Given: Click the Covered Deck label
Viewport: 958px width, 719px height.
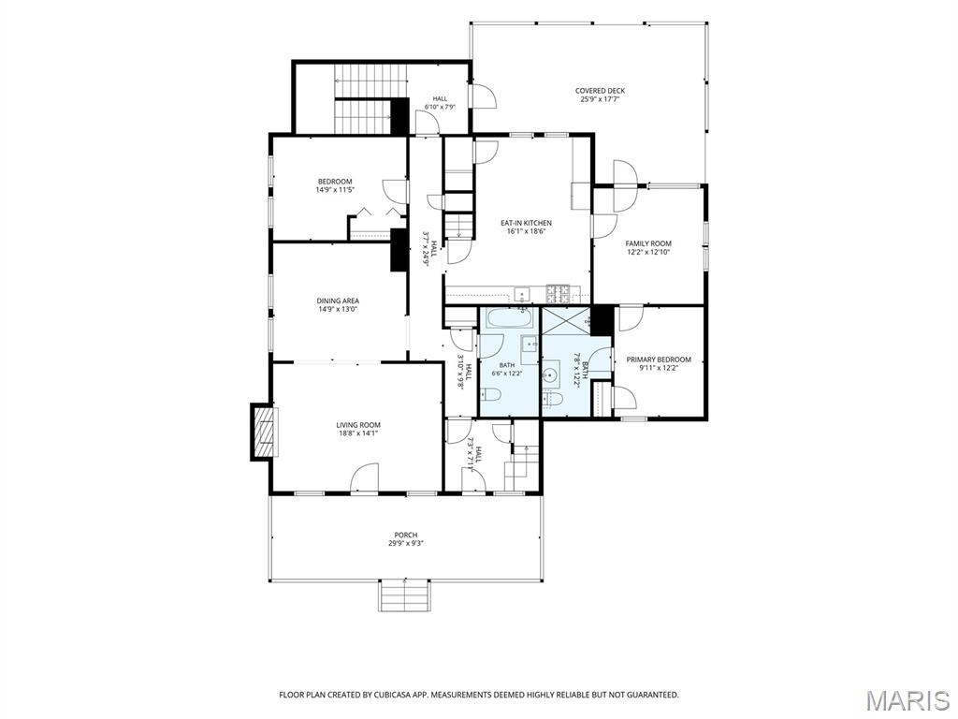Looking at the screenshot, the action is [x=600, y=91].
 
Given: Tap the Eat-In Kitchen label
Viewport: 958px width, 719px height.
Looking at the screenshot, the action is [x=526, y=223].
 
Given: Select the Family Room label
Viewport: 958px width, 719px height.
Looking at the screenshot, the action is [x=648, y=243].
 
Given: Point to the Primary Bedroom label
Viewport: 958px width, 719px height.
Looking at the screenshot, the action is [x=659, y=359].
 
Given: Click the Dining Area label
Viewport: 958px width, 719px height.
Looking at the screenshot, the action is [x=338, y=301].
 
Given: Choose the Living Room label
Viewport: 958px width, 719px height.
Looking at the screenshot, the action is [x=358, y=425].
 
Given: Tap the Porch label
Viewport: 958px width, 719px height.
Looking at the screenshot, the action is [x=406, y=535].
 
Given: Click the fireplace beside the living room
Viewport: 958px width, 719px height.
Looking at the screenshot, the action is [x=263, y=432].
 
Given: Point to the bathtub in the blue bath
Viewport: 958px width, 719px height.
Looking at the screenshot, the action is [x=509, y=317].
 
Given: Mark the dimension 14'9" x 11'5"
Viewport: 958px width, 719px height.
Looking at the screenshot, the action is [x=335, y=190].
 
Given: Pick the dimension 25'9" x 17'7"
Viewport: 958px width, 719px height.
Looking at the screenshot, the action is [x=600, y=99].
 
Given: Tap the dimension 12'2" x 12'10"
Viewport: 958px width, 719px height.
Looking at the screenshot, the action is [x=648, y=252].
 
